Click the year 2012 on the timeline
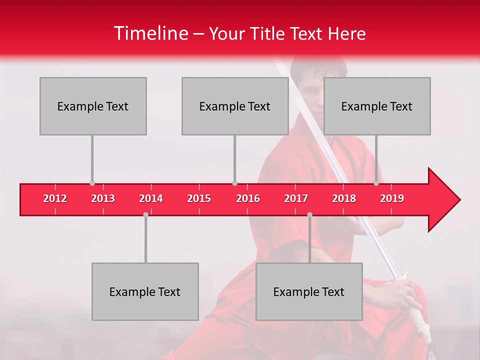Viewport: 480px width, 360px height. pyautogui.click(x=55, y=198)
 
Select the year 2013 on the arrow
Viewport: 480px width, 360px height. pyautogui.click(x=103, y=198)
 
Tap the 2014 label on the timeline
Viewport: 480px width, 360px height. pyautogui.click(x=151, y=198)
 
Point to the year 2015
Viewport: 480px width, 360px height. pyautogui.click(x=199, y=198)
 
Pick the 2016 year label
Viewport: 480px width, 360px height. pyautogui.click(x=248, y=198)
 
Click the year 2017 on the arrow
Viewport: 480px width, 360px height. pyautogui.click(x=296, y=198)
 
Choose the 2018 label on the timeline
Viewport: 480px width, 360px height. pyautogui.click(x=344, y=198)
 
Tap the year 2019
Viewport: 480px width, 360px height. pyautogui.click(x=392, y=198)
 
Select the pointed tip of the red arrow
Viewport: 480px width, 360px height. pyautogui.click(x=458, y=199)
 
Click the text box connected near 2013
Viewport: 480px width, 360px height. pyautogui.click(x=93, y=106)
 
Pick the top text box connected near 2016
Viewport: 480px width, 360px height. pyautogui.click(x=235, y=106)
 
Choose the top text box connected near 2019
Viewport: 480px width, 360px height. pyautogui.click(x=377, y=106)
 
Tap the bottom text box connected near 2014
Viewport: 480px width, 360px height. pyautogui.click(x=145, y=291)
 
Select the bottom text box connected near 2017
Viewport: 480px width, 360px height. pyautogui.click(x=309, y=291)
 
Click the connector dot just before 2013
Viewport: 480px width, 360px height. pyautogui.click(x=92, y=183)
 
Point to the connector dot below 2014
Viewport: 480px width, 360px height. pyautogui.click(x=145, y=214)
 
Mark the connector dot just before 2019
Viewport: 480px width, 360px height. pyautogui.click(x=376, y=183)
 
